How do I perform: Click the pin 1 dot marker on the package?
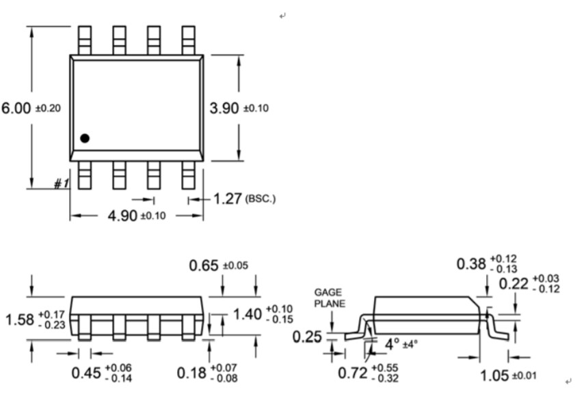(85, 138)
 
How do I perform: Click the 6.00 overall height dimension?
(16, 109)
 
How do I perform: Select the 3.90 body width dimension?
(224, 109)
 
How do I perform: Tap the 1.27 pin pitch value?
(228, 199)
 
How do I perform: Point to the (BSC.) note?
(260, 200)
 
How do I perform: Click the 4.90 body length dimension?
(123, 216)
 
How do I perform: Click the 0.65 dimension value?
(204, 266)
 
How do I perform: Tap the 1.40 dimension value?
(248, 314)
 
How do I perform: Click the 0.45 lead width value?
(87, 373)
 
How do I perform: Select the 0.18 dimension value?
(192, 373)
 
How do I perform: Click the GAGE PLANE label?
(330, 298)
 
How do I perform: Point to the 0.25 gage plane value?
(307, 337)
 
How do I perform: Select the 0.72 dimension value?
(353, 373)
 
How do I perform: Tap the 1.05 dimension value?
(495, 375)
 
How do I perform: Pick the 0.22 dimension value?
(513, 284)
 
